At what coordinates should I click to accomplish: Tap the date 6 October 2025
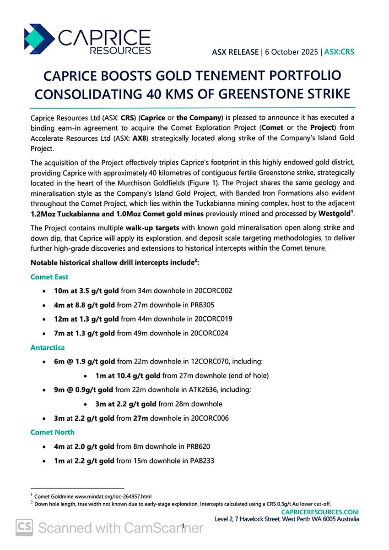click(x=290, y=51)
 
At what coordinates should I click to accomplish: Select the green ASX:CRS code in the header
click(x=339, y=51)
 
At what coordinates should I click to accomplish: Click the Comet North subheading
click(x=53, y=432)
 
